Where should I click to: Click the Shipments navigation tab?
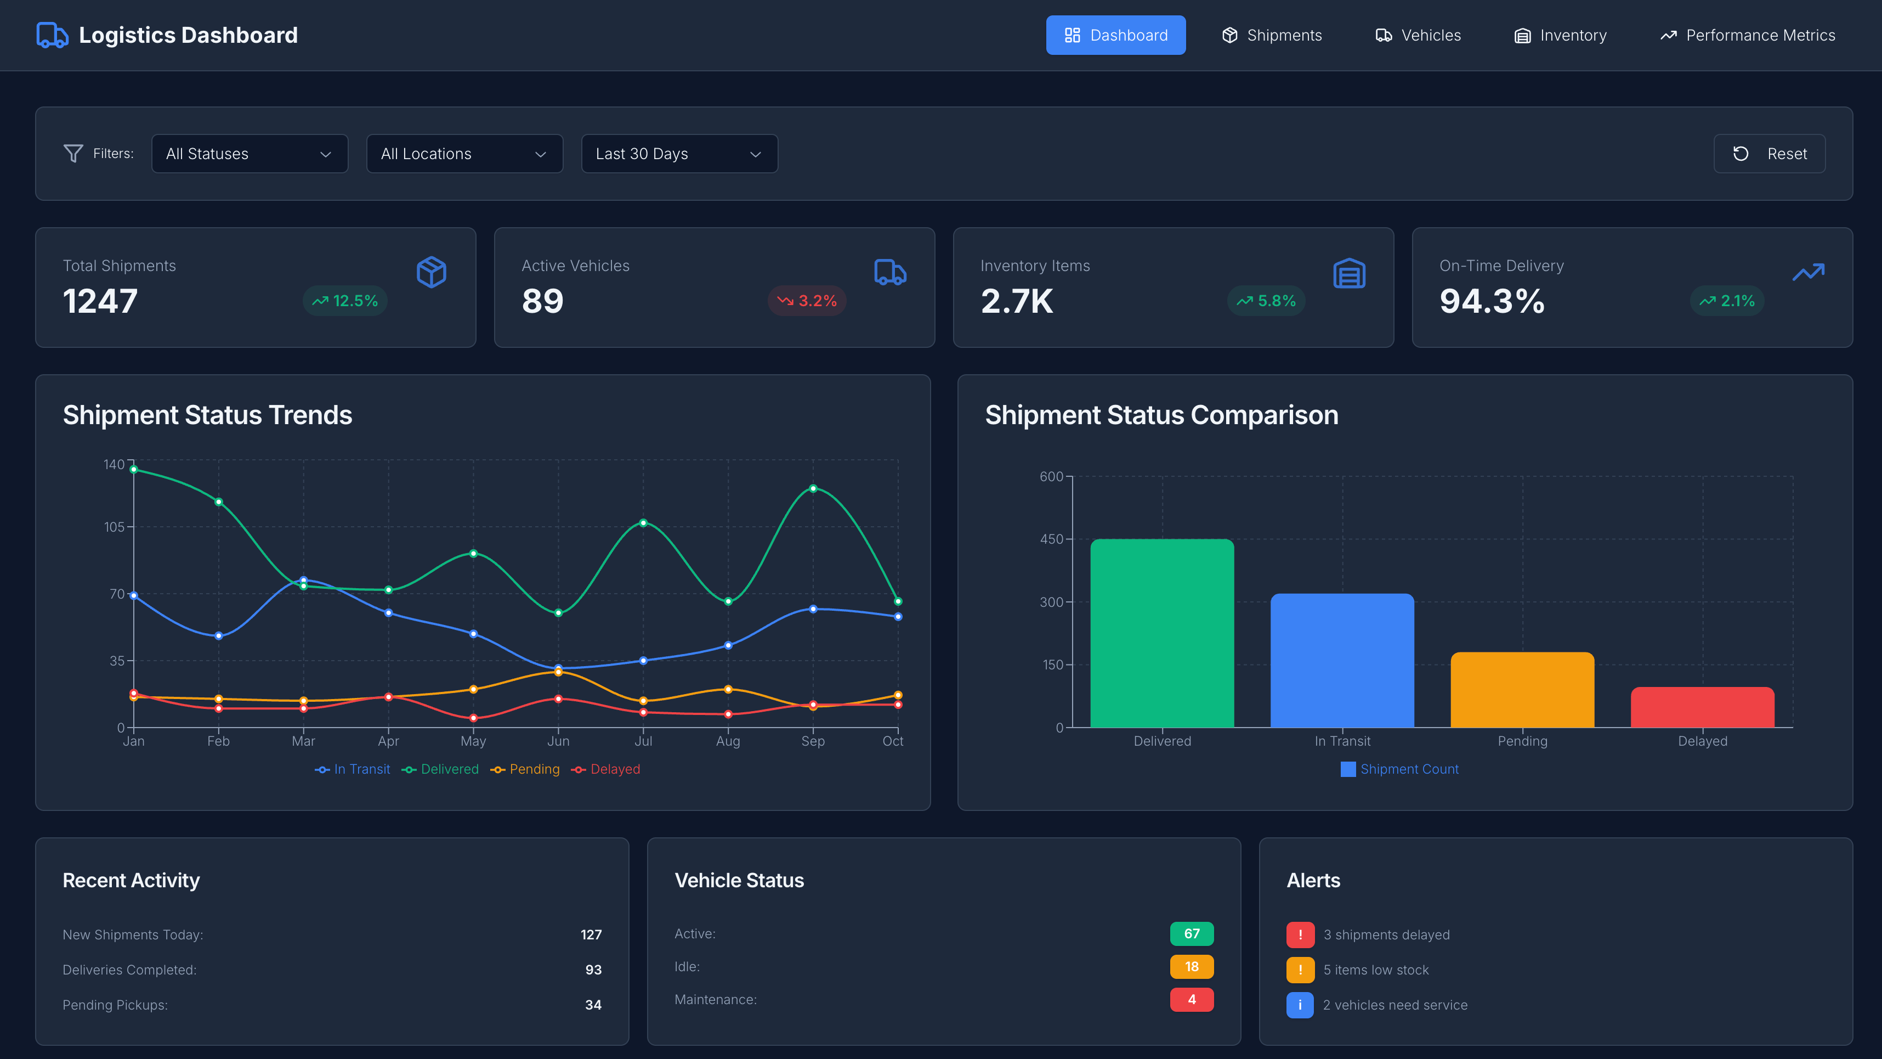(1272, 35)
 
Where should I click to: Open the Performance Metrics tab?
(1747, 35)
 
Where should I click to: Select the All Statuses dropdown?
(249, 154)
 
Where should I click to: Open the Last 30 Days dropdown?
(679, 154)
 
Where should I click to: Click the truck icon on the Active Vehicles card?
(890, 273)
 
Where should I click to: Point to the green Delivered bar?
(1161, 633)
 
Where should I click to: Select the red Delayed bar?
(1702, 707)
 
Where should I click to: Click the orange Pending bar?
(1522, 689)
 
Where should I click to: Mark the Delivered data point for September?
(813, 488)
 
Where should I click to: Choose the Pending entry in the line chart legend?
(525, 769)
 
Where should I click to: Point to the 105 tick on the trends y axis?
(114, 527)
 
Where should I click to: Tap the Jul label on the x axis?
(643, 741)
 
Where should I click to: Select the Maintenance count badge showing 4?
(1192, 999)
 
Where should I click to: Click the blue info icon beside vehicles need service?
(1300, 1005)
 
